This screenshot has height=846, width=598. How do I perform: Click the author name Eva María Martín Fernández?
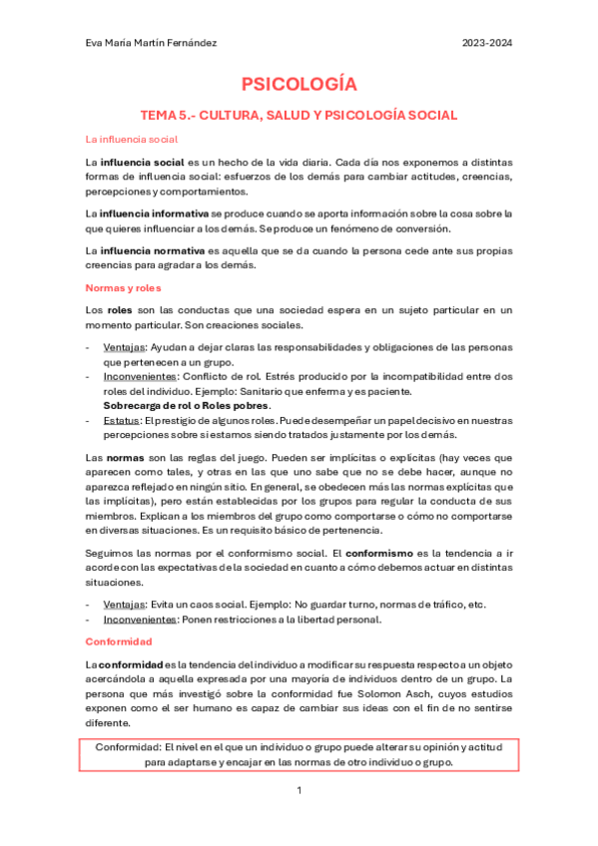click(x=153, y=43)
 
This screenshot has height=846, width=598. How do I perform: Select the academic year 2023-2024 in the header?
click(x=486, y=43)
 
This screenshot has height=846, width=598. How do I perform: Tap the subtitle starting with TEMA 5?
click(x=299, y=115)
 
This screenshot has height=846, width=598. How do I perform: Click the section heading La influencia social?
click(x=132, y=140)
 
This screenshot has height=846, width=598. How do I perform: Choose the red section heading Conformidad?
click(x=118, y=640)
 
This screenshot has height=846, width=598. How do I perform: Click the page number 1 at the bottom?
click(x=299, y=791)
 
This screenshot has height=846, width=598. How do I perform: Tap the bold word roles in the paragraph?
click(x=119, y=310)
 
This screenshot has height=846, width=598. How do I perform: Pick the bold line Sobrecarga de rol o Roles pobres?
click(x=187, y=406)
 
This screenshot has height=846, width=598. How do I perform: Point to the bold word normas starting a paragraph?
click(x=117, y=456)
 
